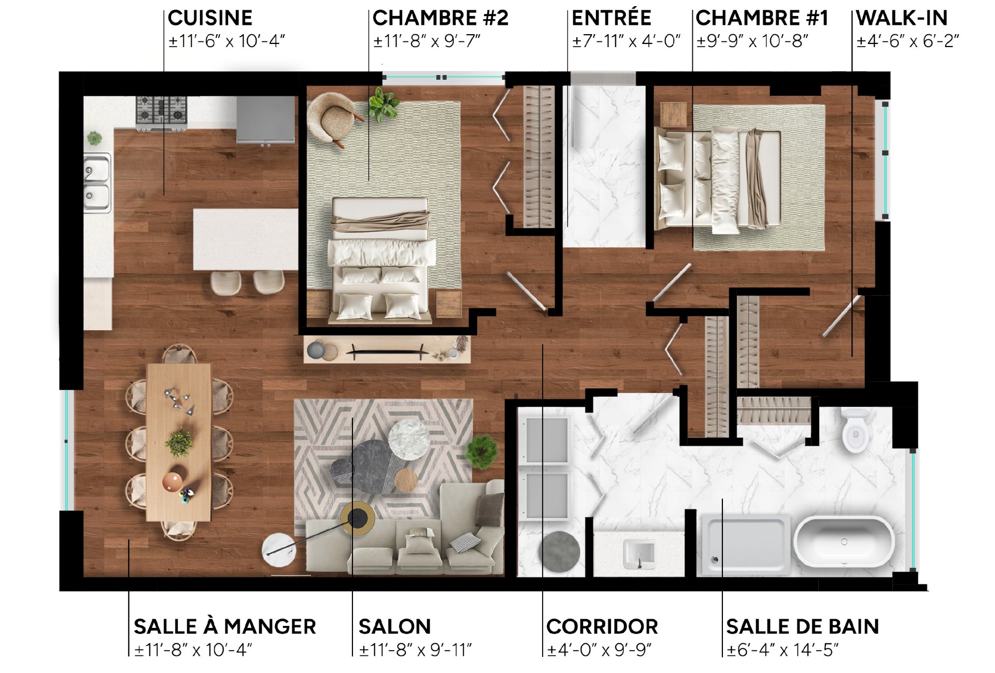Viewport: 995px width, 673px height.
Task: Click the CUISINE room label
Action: coord(210,18)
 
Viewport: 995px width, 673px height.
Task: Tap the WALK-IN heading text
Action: coord(902,18)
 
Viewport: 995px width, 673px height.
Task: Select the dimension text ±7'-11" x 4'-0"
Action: coord(626,41)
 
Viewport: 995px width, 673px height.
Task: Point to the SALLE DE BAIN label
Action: coord(802,626)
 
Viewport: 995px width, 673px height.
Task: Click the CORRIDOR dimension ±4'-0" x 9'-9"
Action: coord(600,650)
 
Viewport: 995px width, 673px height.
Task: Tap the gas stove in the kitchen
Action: coord(161,112)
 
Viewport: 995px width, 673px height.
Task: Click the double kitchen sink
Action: coord(98,183)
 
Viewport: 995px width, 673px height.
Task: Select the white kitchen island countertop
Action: coord(246,239)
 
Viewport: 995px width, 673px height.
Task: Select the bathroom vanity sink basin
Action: coord(639,553)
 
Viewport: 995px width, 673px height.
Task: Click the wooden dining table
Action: coord(179,442)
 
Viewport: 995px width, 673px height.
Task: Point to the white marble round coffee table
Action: coord(409,440)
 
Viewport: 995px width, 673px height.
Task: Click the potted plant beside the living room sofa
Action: coord(482,451)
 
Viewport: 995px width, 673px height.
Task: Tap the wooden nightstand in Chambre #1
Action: coord(674,114)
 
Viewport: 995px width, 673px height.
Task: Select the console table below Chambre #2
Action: coord(387,349)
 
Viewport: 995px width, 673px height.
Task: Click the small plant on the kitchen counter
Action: coord(94,138)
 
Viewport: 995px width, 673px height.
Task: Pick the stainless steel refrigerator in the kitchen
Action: coord(266,120)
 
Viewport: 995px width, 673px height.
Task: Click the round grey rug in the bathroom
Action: coord(559,551)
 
